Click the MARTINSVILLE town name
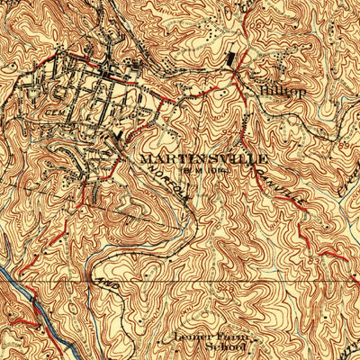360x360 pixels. point(192,157)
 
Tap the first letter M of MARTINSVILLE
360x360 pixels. point(145,157)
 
